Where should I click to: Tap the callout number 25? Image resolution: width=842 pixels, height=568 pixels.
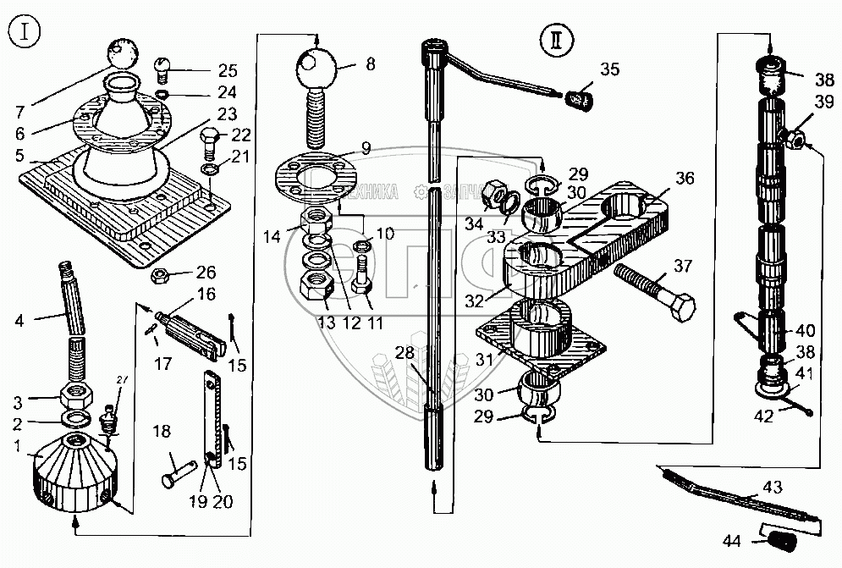point(204,70)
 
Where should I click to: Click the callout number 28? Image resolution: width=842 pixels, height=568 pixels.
point(405,351)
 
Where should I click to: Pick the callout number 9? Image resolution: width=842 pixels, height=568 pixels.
point(366,147)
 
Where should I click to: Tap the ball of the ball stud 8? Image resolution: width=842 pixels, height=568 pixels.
point(315,64)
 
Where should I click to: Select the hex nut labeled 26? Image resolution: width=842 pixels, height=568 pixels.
point(162,275)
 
